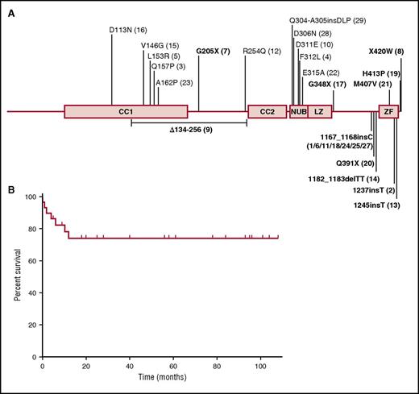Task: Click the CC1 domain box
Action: click(126, 111)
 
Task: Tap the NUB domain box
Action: click(298, 111)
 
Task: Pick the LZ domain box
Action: click(320, 111)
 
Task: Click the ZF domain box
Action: click(388, 111)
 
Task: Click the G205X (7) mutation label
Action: click(214, 51)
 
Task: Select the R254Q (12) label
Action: click(263, 51)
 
